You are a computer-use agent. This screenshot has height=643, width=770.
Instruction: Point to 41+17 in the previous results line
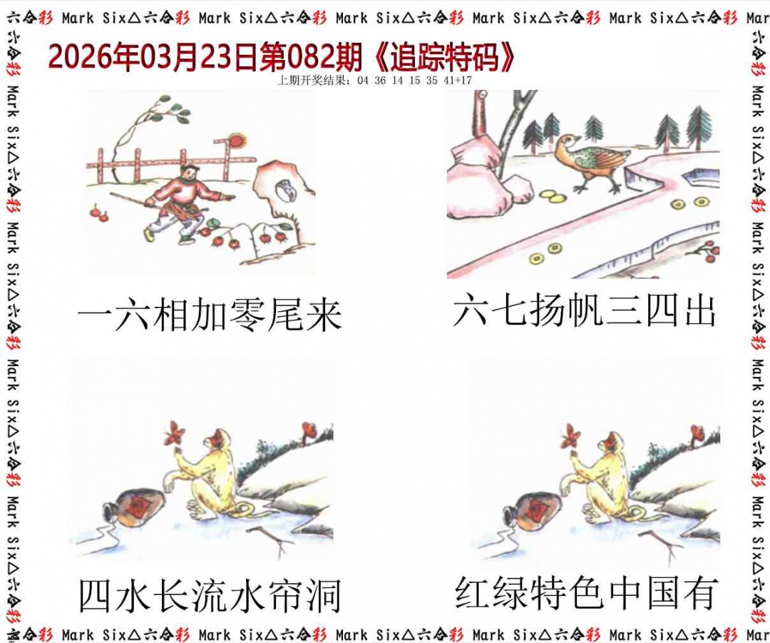[x=457, y=81]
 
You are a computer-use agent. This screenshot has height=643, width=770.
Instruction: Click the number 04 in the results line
[x=363, y=81]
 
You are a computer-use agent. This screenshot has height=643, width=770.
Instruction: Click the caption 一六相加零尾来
[x=210, y=315]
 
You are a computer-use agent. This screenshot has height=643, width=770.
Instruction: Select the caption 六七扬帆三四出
[x=584, y=312]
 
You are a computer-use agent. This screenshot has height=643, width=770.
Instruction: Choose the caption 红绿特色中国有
[x=586, y=593]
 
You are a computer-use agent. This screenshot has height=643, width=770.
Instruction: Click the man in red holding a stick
[x=181, y=203]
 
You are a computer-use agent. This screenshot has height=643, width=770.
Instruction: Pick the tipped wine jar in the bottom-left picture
[x=135, y=507]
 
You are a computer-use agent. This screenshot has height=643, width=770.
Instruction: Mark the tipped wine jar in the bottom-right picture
[x=531, y=509]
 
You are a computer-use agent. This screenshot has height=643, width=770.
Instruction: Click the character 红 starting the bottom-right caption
[x=474, y=593]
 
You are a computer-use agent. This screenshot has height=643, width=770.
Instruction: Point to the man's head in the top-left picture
[x=188, y=173]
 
